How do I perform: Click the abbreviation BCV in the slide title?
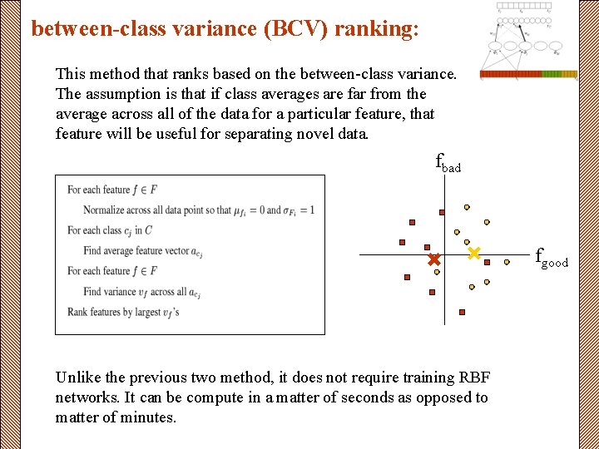coord(292,29)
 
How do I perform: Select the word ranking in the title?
coord(374,29)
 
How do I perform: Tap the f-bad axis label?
coord(448,162)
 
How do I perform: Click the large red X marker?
coord(433,260)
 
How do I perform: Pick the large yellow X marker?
coord(474,253)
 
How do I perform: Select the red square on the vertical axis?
coord(442,212)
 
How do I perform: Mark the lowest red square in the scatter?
coord(462,312)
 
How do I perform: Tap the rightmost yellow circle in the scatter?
coord(507,262)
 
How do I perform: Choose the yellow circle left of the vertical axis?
coord(437,271)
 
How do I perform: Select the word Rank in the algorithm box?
coord(77,312)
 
